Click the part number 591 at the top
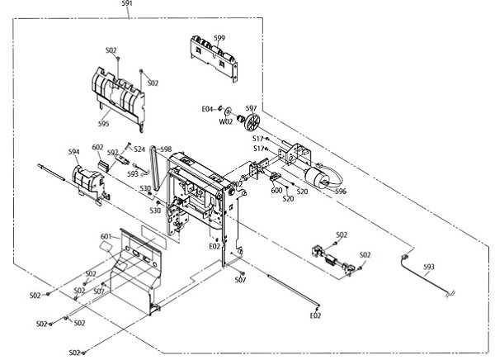click(126, 4)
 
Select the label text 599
click(219, 38)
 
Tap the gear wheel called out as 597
click(245, 125)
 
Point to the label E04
click(207, 108)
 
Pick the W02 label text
click(225, 121)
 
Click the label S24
click(139, 149)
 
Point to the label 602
click(97, 147)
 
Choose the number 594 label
click(73, 151)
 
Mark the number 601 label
click(106, 237)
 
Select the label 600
click(277, 190)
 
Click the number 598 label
click(165, 149)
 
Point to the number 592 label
click(113, 152)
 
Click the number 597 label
click(251, 108)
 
